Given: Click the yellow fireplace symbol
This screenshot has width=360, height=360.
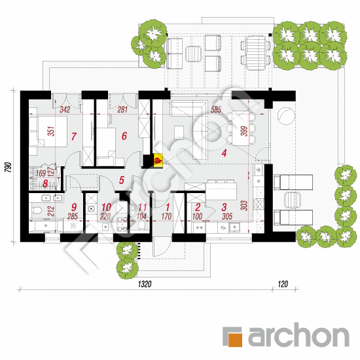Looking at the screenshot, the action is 158,160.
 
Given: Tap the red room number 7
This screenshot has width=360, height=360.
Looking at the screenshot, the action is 73,136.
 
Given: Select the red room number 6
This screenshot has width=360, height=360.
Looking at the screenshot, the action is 124,135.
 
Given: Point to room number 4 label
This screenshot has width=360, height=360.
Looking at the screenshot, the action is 224,153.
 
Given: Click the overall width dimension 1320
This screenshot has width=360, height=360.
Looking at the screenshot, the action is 145,284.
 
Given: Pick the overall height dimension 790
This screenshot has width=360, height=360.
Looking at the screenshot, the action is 8,167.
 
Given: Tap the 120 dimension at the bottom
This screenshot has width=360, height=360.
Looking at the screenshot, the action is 283,284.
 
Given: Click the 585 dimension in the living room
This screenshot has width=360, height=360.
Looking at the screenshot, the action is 216,109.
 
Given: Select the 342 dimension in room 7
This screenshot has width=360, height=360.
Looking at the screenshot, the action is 65,109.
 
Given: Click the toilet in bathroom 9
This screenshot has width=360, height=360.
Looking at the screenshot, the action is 36,210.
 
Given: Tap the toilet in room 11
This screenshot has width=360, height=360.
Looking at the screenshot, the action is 141,225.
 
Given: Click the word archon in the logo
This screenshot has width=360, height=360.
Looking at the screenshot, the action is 298,335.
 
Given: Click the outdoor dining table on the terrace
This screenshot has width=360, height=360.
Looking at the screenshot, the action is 255,52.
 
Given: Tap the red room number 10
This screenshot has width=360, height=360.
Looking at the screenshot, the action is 106,207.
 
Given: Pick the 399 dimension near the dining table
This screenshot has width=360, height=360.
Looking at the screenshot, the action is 245,131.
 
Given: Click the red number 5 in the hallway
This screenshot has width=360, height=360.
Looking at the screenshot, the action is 122,180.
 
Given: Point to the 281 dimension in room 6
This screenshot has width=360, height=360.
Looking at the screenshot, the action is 122,109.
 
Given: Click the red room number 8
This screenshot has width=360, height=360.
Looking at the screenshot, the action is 45,184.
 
